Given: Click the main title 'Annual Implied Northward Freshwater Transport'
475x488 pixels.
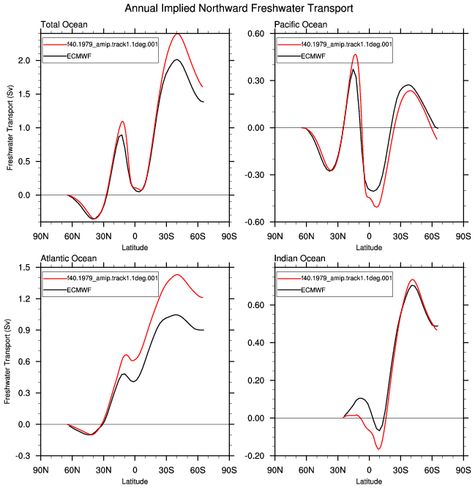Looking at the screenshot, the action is pos(239,8).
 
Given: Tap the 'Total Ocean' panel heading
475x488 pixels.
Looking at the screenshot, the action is pos(64,25).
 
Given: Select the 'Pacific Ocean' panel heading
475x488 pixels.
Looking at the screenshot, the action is pos(301,25).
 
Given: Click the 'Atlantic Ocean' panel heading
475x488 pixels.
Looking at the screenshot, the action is pos(69,258).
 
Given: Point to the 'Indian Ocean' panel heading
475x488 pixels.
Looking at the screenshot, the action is pos(300,258).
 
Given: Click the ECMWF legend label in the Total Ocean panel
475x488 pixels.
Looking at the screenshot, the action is pos(79,56).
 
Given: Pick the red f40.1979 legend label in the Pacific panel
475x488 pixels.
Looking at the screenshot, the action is pos(346,45).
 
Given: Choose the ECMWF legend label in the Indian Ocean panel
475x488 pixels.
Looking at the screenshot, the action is pos(313,290).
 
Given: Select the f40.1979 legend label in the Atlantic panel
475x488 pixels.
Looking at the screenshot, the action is pos(113,278).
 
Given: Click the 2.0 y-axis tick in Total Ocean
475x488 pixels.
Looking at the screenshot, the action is pos(24,61).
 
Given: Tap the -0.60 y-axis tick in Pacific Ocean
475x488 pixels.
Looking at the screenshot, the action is pos(254,222).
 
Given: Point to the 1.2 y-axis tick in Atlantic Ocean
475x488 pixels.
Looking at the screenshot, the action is pos(24,299).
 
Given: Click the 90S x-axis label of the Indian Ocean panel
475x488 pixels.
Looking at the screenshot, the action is pos(463,470).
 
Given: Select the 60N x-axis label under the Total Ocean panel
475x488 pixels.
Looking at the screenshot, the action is pos(72,236).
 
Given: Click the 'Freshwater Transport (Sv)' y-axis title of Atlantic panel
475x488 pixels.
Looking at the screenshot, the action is pos(8,361).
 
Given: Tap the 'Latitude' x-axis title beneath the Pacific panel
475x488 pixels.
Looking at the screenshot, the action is pos(369,248).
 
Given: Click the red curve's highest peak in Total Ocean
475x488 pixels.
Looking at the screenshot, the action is pos(177,34).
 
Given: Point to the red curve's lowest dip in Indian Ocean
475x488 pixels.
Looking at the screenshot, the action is pos(379,448).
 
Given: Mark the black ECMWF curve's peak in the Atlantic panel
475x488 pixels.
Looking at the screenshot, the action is pos(176,315).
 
